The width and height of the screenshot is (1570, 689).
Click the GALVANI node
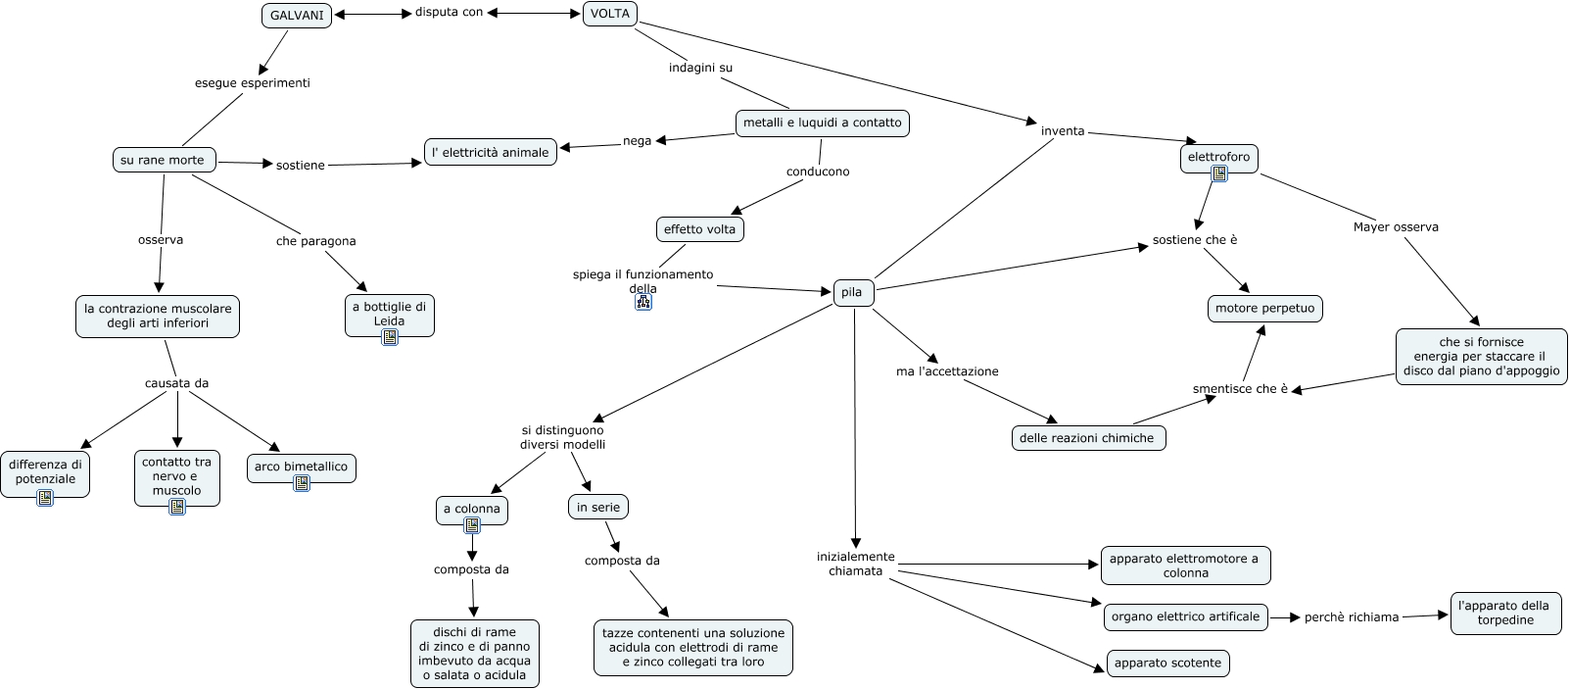coord(297,16)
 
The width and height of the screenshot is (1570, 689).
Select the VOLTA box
coord(610,14)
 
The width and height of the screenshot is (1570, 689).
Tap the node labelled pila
coord(852,292)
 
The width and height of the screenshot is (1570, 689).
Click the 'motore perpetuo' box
coord(1264,309)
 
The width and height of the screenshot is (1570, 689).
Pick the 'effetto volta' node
coord(699,229)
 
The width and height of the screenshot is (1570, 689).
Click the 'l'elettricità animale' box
coord(491,152)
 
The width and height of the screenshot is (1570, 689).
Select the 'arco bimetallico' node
coord(301,467)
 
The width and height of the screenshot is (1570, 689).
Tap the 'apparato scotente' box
coord(1167,664)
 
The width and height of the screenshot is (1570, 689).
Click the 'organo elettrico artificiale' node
coord(1185,616)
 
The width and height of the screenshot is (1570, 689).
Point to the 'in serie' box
coord(597,507)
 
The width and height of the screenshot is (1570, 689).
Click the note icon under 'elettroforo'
coord(1219,173)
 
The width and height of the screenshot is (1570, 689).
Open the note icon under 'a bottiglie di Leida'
coord(390,337)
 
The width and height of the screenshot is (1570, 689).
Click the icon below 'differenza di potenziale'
coord(45,498)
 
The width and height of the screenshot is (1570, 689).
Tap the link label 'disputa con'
coord(449,13)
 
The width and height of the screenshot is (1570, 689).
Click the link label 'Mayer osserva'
coord(1396,227)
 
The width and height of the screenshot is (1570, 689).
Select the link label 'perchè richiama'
coord(1352,617)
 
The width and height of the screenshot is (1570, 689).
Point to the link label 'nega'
coord(637,141)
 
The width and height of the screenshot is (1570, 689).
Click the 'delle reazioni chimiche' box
coord(1087,438)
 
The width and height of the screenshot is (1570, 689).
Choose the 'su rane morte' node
coord(163,160)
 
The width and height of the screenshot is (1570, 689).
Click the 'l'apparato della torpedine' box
coord(1504,613)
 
